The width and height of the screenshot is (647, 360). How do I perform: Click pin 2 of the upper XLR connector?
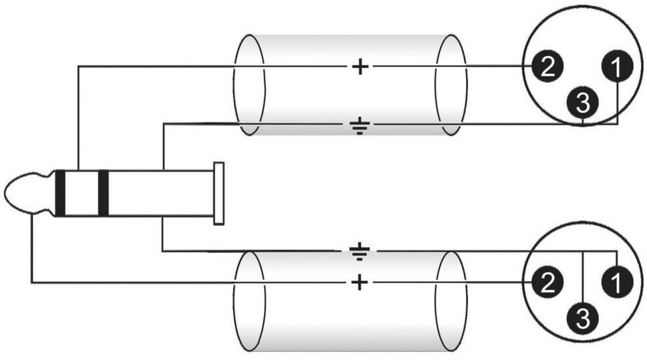click(547, 67)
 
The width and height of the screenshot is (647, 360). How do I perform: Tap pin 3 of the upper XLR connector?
click(583, 102)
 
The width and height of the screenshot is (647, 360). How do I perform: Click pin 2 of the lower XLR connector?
click(547, 283)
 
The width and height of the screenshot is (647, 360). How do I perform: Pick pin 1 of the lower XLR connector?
click(616, 283)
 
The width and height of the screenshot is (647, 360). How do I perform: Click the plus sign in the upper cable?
click(360, 67)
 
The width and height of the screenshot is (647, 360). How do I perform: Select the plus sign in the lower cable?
click(360, 283)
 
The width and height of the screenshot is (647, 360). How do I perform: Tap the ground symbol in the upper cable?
click(360, 126)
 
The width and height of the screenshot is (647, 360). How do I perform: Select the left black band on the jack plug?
click(60, 194)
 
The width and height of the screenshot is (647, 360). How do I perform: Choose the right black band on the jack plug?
click(103, 194)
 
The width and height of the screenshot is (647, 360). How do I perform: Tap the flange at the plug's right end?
click(218, 194)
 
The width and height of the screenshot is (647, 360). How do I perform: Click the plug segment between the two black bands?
click(82, 194)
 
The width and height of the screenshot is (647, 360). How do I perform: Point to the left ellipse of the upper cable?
click(249, 85)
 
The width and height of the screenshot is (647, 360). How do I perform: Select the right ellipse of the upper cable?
click(451, 85)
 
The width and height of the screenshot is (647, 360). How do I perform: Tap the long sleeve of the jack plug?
click(160, 194)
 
